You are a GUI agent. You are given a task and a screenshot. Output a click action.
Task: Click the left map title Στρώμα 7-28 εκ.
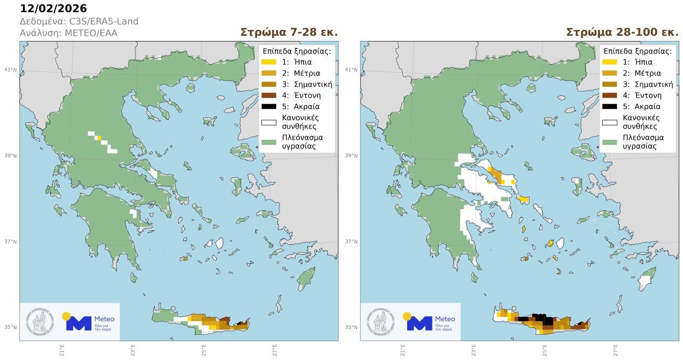288,32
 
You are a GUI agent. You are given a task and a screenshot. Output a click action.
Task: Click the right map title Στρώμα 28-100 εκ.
622,32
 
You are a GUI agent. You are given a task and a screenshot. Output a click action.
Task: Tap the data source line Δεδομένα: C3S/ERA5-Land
79,22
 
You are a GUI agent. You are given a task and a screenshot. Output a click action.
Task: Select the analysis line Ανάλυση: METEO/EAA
68,33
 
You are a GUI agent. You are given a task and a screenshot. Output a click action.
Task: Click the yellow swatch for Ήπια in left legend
268,62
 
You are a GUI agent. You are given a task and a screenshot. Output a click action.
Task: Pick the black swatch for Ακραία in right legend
609,107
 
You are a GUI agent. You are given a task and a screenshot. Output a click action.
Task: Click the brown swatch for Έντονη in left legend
268,95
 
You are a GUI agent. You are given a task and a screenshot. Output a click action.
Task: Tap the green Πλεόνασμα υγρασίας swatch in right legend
609,142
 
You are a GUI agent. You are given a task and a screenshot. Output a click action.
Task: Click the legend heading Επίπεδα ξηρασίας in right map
637,51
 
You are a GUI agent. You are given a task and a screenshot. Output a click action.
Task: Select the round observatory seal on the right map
382,322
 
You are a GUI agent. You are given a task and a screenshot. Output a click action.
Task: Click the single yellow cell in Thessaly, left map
99,138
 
